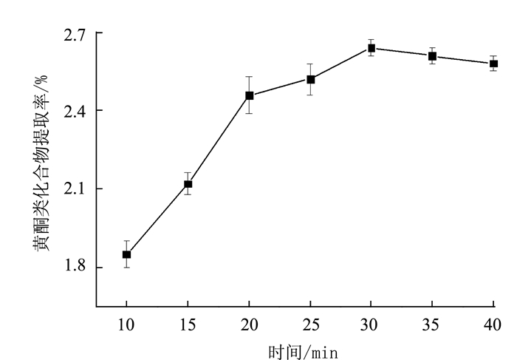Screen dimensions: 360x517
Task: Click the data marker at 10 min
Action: click(x=126, y=254)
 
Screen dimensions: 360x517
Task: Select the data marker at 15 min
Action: click(x=188, y=184)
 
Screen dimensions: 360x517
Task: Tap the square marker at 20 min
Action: click(x=249, y=95)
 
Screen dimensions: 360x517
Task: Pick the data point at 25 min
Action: click(x=310, y=79)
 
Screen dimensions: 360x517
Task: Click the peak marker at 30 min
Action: click(x=372, y=48)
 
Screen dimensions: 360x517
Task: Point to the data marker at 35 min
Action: click(x=432, y=55)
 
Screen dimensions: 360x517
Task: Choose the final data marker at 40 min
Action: click(x=493, y=64)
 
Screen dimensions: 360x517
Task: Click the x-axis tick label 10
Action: click(x=126, y=324)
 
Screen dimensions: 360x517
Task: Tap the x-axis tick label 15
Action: click(x=188, y=324)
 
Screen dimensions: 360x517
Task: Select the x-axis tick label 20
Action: click(x=249, y=324)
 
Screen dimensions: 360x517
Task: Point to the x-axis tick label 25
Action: click(x=310, y=324)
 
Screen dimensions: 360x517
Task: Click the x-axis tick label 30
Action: click(x=372, y=324)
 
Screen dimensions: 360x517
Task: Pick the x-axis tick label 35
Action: click(x=432, y=324)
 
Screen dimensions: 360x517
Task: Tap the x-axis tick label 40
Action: click(x=493, y=324)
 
